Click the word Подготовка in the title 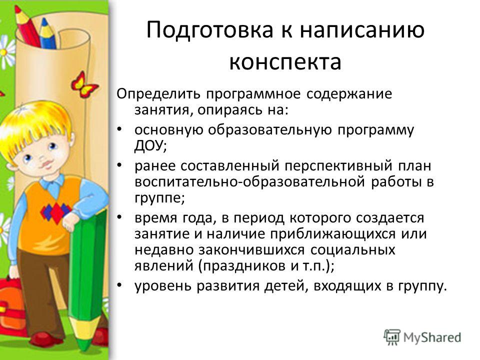(x=210, y=30)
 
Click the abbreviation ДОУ (x=149, y=146)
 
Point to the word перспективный (x=338, y=166)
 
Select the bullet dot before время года (x=119, y=217)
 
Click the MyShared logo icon (x=392, y=337)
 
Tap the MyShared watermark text (x=432, y=337)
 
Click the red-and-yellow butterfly (x=83, y=84)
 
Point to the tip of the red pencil (x=17, y=6)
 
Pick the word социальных (x=353, y=250)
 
